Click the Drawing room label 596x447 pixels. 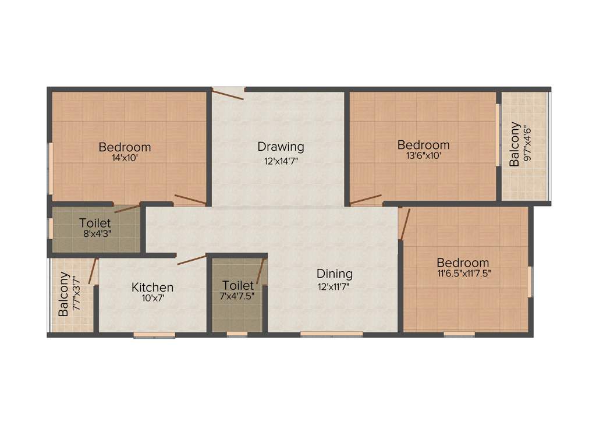pos(281,146)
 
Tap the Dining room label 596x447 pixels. pos(334,274)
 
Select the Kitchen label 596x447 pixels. pos(152,287)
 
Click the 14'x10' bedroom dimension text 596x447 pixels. pos(125,157)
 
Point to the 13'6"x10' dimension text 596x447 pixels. pos(423,155)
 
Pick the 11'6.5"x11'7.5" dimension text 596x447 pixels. pos(463,274)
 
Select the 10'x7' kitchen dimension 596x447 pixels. pos(152,299)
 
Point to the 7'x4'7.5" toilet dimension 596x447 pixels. pos(237,296)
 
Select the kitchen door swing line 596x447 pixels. pos(191,260)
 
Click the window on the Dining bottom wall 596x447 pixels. pos(332,334)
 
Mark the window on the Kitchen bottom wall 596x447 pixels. pos(154,335)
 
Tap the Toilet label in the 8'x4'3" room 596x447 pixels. pos(95,223)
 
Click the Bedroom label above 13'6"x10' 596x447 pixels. pos(423,144)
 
